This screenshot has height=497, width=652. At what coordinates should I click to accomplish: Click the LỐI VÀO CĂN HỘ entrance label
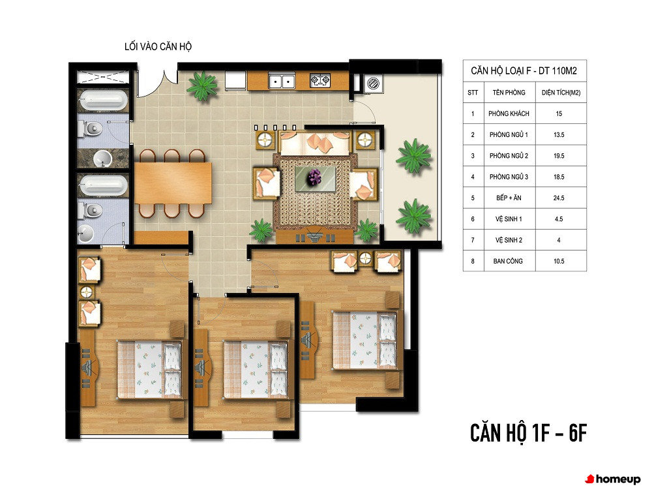[158, 46]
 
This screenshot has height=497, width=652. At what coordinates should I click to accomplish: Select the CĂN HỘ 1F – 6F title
[528, 433]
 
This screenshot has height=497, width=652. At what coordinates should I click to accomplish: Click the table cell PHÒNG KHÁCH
[509, 113]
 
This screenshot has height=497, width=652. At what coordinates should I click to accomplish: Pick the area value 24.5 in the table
[559, 198]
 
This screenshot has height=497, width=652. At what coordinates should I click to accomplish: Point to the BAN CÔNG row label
[508, 261]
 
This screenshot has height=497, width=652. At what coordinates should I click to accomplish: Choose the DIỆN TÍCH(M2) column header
[561, 93]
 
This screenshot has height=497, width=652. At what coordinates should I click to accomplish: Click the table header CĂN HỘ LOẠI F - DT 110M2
[524, 70]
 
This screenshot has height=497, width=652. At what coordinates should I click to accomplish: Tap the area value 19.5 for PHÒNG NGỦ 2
[559, 156]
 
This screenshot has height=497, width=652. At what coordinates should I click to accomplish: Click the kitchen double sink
[282, 81]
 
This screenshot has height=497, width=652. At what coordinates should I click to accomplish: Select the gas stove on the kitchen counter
[319, 80]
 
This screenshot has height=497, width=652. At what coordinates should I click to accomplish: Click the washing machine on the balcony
[372, 84]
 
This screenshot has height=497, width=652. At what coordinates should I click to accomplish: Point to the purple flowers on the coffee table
[314, 177]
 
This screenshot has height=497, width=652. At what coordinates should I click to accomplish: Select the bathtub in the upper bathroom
[103, 100]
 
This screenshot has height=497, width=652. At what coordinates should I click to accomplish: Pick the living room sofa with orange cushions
[315, 143]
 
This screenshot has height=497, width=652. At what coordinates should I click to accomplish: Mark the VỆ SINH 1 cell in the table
[508, 219]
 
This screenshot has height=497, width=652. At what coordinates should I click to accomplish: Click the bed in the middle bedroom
[256, 370]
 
